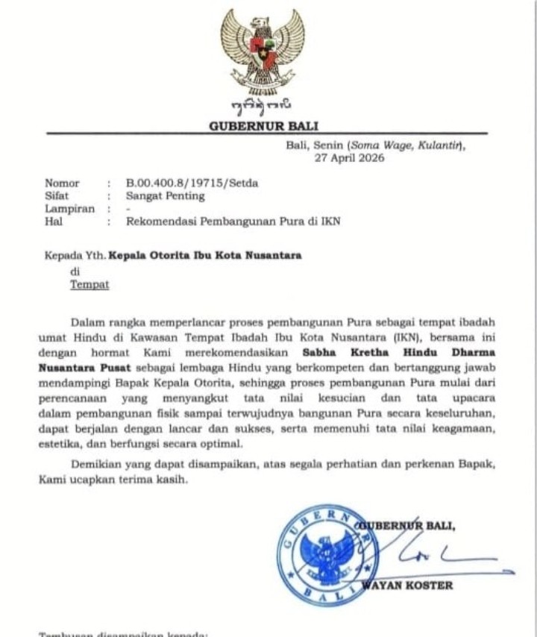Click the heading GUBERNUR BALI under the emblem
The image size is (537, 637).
(x=264, y=126)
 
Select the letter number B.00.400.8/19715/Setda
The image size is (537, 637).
(x=192, y=183)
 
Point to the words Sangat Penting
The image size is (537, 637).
(x=165, y=196)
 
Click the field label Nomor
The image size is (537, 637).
(x=62, y=183)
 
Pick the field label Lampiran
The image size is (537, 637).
(x=69, y=209)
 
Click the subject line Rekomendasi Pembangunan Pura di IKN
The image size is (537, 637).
(x=232, y=222)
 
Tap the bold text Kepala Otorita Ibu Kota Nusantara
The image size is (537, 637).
(x=205, y=255)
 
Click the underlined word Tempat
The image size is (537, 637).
(x=89, y=284)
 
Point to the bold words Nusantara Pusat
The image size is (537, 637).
(x=86, y=368)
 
